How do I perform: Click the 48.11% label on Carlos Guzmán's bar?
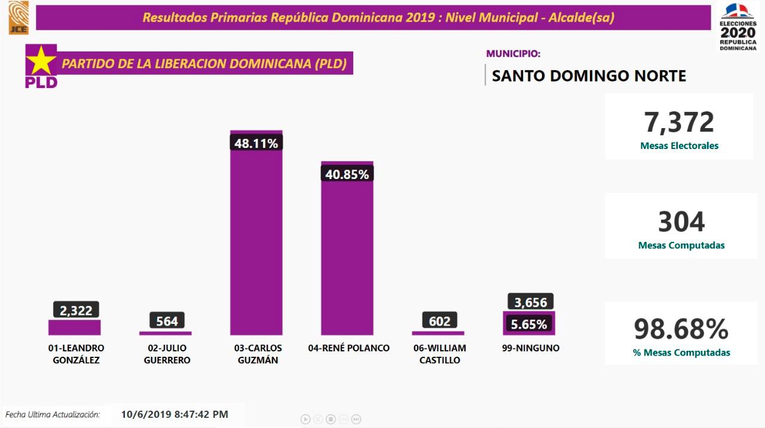[256, 143]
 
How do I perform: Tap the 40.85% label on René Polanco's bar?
[347, 174]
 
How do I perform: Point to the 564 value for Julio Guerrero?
[167, 321]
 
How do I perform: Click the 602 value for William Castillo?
[439, 321]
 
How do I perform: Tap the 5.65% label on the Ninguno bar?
[529, 324]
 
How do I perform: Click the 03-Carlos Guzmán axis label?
[256, 354]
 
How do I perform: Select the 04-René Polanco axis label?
[348, 348]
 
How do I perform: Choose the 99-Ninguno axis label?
[531, 348]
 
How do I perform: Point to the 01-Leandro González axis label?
[75, 354]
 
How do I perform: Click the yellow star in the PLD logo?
[40, 61]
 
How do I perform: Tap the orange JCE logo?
[19, 17]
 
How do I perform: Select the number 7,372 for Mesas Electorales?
[679, 122]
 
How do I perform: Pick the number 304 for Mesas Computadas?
[681, 221]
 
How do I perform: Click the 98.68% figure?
[681, 329]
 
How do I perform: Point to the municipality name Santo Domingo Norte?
[589, 76]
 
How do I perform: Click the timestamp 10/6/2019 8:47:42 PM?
[175, 414]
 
